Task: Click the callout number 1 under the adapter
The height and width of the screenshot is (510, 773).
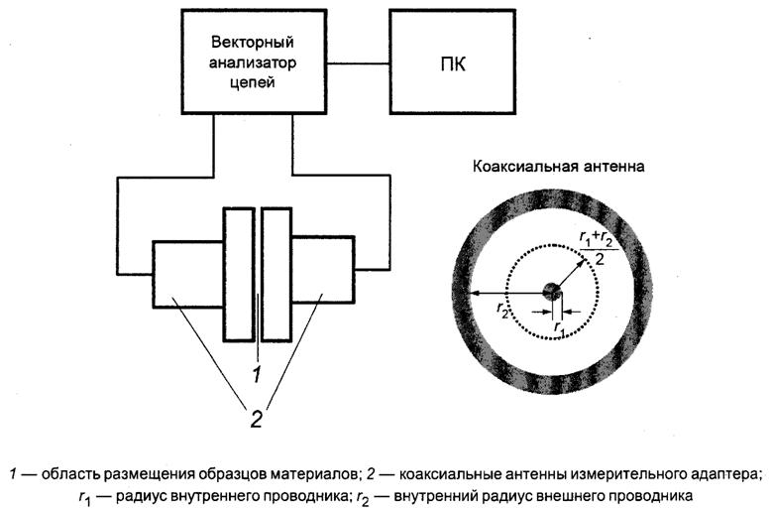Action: [x=256, y=374]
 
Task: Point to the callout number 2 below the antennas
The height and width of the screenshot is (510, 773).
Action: [x=256, y=418]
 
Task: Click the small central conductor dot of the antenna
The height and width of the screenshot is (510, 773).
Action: [x=551, y=290]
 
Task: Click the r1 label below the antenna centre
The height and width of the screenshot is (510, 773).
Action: [x=560, y=324]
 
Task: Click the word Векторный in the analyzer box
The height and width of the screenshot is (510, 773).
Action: [x=255, y=45]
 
